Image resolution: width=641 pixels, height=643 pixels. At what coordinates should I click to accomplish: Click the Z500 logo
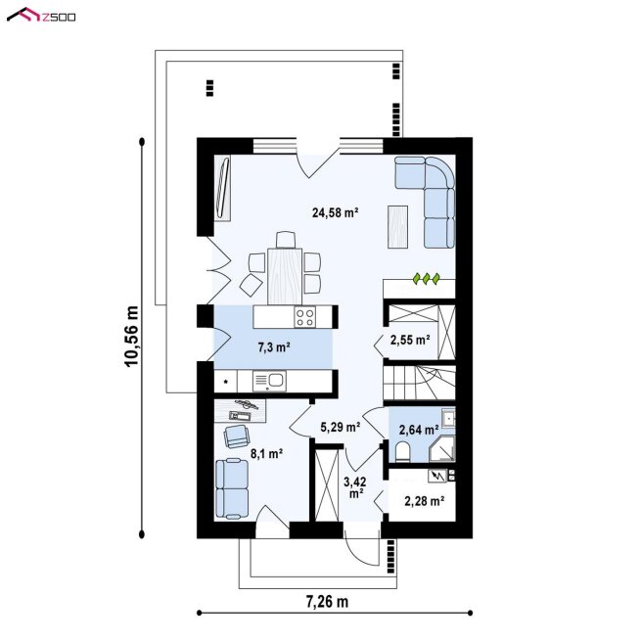click(x=41, y=16)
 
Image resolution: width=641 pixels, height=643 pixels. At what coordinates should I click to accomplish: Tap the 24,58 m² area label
click(x=335, y=212)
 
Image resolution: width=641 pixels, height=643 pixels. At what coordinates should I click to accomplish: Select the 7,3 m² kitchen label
click(x=274, y=347)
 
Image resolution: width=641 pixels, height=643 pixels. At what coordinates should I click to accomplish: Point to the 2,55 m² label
click(x=410, y=340)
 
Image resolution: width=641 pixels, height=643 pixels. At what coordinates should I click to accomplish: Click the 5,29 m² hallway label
click(x=340, y=428)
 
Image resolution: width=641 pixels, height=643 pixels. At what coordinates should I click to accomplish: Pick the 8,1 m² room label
click(x=266, y=453)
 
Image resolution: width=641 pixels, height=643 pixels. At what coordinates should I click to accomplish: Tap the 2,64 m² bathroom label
click(x=418, y=430)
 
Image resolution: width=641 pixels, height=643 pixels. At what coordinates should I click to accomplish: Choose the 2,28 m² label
click(x=425, y=501)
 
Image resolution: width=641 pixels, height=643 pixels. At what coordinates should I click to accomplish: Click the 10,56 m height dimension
click(x=132, y=337)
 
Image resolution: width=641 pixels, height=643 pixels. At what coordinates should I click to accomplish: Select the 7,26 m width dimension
click(x=327, y=602)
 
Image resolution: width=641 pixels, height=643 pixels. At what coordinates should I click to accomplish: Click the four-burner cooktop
click(x=305, y=317)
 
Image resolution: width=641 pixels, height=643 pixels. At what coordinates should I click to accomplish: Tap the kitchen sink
click(x=269, y=381)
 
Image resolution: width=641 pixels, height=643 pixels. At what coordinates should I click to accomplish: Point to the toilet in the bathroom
click(x=402, y=452)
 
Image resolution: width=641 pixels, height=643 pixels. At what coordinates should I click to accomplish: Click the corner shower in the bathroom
click(x=442, y=449)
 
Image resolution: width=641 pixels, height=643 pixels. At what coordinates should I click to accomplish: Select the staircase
click(x=419, y=383)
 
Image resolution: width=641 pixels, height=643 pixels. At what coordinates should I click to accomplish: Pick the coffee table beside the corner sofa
click(x=397, y=227)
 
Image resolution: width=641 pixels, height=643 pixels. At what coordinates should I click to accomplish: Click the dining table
click(x=285, y=276)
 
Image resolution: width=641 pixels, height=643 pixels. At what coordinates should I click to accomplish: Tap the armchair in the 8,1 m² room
click(x=236, y=436)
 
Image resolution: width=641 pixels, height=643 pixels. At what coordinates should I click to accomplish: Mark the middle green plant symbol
click(x=427, y=279)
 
